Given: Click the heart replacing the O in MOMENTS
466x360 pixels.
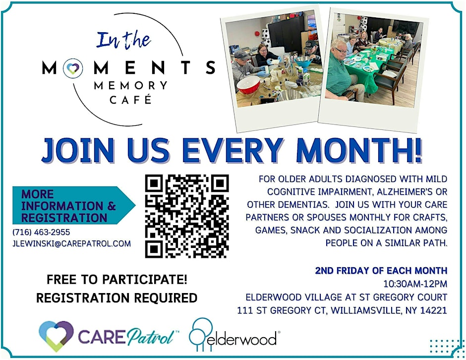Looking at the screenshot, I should (73, 67).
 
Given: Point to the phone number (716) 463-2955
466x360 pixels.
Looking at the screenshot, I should (41, 232).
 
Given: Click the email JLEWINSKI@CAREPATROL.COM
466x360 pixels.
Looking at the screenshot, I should (72, 243).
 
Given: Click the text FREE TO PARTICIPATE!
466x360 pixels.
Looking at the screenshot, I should (117, 280).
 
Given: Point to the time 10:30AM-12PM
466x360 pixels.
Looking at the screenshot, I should (415, 284).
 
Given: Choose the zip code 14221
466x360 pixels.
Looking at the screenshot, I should (434, 310).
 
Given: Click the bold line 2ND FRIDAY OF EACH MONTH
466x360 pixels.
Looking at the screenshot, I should (381, 271).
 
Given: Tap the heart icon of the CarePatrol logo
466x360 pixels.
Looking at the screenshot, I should (56, 336).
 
